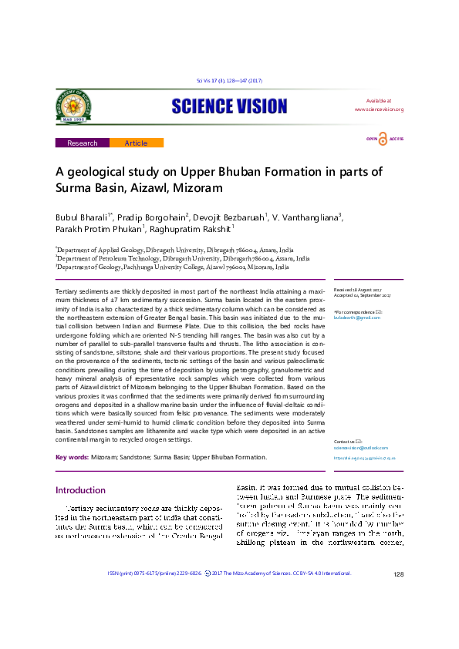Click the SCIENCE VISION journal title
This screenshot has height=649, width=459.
229,106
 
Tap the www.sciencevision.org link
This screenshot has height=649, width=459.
379,109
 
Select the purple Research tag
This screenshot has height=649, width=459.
83,143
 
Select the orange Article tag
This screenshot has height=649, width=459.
136,143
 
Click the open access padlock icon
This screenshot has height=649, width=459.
383,139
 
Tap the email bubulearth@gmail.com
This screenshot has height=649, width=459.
358,317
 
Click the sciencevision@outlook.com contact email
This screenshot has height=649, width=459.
361,448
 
